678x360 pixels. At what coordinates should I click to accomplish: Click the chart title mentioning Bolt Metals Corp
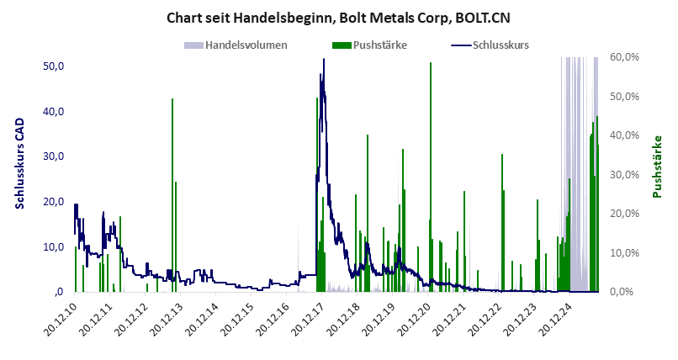(x=338, y=18)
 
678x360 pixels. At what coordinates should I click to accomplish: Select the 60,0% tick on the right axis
(x=627, y=56)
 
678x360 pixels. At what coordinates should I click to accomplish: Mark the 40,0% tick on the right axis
(x=627, y=135)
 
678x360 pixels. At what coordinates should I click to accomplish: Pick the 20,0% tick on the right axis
(x=627, y=214)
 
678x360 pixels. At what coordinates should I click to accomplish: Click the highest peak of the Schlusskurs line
(x=322, y=61)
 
